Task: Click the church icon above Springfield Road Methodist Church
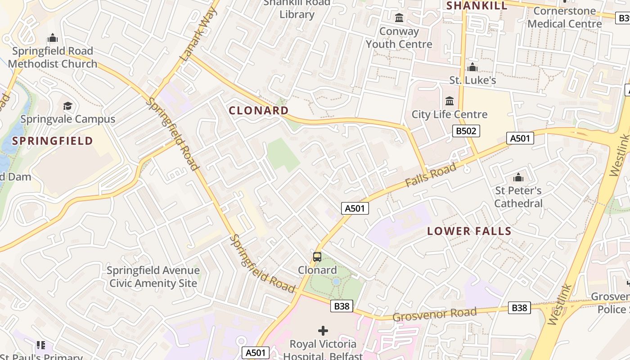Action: (53, 38)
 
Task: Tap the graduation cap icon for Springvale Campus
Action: (67, 106)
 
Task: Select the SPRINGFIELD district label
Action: (53, 141)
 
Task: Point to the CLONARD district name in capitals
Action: (259, 110)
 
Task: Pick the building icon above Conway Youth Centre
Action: (399, 18)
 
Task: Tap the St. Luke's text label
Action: (472, 80)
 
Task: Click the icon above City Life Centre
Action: (450, 101)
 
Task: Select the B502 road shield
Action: (466, 131)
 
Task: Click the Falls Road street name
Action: (430, 175)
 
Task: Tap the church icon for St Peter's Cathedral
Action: (518, 177)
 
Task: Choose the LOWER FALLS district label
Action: (469, 231)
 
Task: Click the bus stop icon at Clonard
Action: (317, 257)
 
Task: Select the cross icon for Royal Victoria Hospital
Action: (323, 331)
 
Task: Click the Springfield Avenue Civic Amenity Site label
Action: (153, 277)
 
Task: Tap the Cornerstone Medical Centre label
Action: (564, 17)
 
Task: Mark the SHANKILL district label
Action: (477, 5)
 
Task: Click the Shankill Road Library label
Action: (297, 9)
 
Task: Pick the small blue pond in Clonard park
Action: (336, 282)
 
